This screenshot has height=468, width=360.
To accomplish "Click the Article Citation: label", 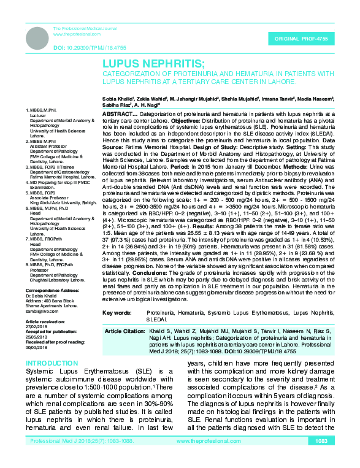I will [x=125, y=330].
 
